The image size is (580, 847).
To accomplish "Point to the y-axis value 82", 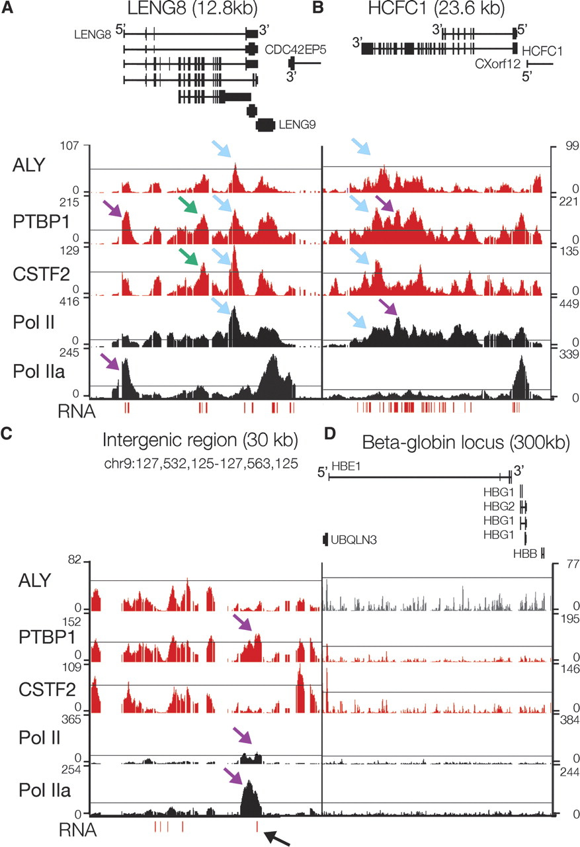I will tap(78, 561).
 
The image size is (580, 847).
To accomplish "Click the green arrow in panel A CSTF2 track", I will tap(192, 255).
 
